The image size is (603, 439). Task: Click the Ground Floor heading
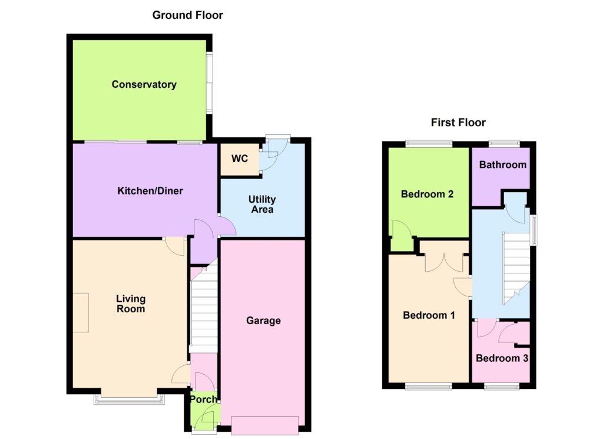pos(188,15)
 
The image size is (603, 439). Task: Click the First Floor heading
pos(458,123)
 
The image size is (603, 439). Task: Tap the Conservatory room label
pos(144,85)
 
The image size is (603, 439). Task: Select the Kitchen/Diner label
pos(150,191)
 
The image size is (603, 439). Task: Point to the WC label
pos(240,159)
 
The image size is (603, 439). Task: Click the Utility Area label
pos(262,204)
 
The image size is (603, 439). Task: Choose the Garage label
pos(263,321)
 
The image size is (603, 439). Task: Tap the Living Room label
pos(131,303)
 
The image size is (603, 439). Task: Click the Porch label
pos(203,400)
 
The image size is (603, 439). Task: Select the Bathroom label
pos(503,164)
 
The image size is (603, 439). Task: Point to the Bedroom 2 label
pos(428,194)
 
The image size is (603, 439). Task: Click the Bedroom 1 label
pos(429,315)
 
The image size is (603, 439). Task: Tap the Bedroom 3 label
pos(502,358)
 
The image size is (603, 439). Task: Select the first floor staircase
pos(516,268)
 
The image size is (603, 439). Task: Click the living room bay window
pos(129,399)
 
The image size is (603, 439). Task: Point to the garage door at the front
pos(265,425)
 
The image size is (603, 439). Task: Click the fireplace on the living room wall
pos(81,312)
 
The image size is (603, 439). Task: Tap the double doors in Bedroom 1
pos(444,262)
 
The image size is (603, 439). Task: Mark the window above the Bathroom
pos(504,144)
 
